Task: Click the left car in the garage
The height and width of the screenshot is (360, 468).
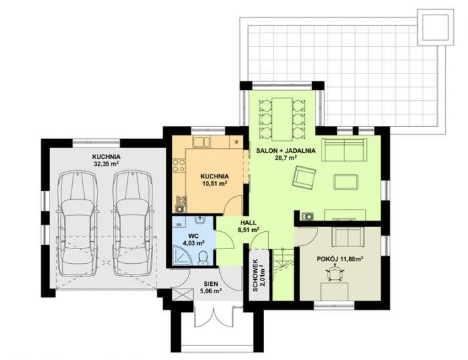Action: pos(77,223)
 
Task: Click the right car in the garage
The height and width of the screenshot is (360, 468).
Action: pos(132,223)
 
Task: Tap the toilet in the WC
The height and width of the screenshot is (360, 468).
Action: pos(203,257)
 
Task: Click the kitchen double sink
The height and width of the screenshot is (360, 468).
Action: pos(202,142)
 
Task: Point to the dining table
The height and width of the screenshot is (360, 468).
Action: pos(282,119)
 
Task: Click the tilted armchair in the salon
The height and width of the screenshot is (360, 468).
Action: pos(304,178)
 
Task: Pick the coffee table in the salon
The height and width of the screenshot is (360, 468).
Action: pos(346,182)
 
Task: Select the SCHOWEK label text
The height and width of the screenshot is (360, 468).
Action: pos(255,275)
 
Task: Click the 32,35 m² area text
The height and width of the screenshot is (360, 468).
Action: pos(106,164)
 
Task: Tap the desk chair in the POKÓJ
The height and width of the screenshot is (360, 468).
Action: pos(335,274)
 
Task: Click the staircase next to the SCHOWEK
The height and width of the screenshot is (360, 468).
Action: pos(282,274)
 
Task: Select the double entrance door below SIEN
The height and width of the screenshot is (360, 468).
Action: pos(214,317)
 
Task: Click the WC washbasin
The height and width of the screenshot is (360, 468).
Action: pos(201,220)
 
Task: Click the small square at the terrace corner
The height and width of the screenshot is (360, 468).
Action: pos(435,27)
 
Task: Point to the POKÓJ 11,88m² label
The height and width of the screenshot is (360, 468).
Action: pos(340,259)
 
